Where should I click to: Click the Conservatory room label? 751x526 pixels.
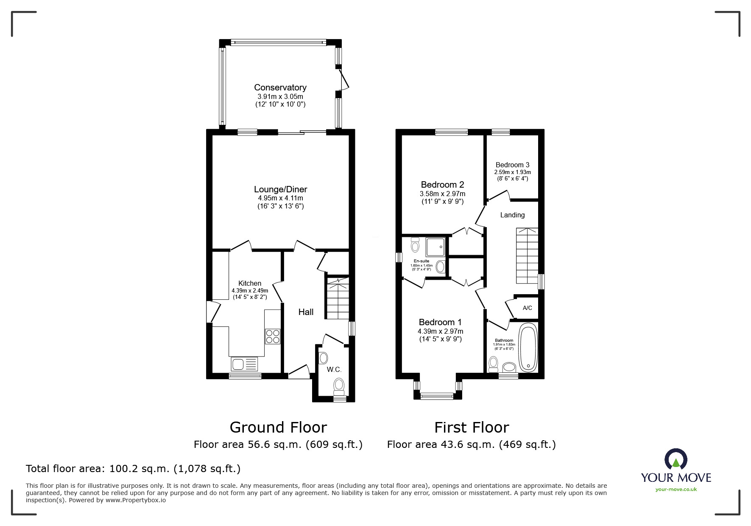click(280, 87)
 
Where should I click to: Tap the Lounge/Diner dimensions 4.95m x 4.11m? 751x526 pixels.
click(280, 198)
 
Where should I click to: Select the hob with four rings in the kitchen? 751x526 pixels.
click(272, 336)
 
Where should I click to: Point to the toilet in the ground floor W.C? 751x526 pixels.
click(338, 386)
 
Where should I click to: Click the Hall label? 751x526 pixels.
click(306, 312)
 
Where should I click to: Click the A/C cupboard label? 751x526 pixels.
click(527, 308)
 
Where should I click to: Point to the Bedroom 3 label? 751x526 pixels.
click(512, 165)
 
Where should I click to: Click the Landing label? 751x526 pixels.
click(512, 215)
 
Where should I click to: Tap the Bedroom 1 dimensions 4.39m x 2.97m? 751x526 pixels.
click(440, 331)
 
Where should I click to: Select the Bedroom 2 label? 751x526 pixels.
click(442, 185)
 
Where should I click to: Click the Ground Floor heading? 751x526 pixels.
click(278, 427)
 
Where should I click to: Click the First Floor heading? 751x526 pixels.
click(472, 427)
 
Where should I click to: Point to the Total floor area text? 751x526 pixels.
click(133, 469)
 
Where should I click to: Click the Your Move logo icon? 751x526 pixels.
click(676, 459)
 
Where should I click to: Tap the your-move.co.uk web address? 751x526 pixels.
click(676, 489)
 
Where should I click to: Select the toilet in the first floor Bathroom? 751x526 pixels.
click(493, 364)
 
